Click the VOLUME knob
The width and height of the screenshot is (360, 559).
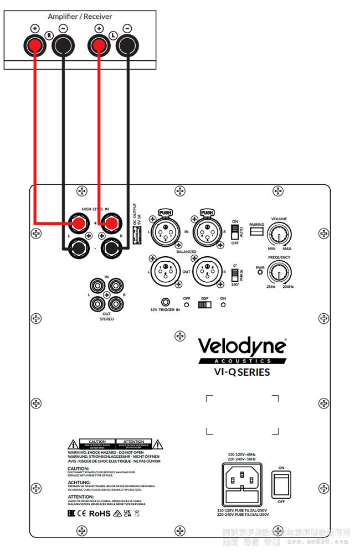[278, 235]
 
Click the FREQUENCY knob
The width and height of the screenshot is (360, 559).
[280, 272]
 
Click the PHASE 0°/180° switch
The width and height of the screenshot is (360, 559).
[234, 274]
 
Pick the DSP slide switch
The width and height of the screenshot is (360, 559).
[204, 304]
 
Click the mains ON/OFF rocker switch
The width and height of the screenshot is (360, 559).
[281, 485]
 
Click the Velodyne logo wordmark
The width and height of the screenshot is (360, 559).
[243, 346]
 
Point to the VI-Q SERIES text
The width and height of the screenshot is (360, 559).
[242, 372]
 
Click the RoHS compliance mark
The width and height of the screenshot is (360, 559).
[100, 513]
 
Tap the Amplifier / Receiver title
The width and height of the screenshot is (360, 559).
[80, 17]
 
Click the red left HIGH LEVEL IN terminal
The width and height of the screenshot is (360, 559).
[76, 224]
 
